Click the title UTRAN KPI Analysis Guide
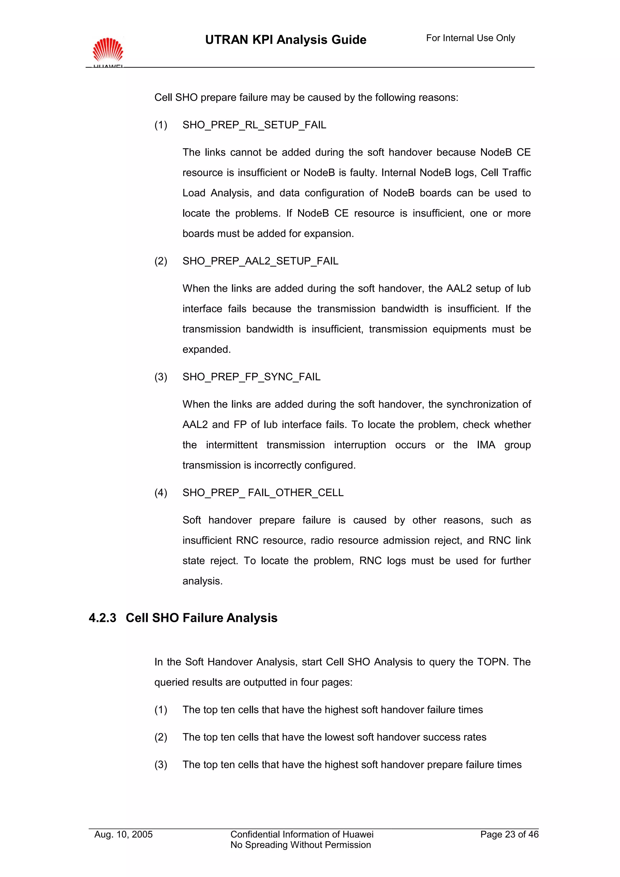[285, 40]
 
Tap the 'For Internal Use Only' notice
[470, 38]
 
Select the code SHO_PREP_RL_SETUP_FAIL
[254, 125]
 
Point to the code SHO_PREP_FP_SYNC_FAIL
[251, 377]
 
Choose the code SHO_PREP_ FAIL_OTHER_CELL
[263, 493]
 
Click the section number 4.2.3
[102, 618]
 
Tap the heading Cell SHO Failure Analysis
[201, 618]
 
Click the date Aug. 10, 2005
[124, 834]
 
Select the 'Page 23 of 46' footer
[509, 834]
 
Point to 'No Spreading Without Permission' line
[300, 845]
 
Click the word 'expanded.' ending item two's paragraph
[206, 350]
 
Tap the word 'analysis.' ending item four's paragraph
[203, 581]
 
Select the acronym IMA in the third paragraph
[486, 445]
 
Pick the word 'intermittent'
[232, 445]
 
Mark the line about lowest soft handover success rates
[334, 737]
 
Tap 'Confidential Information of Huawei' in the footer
[302, 834]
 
